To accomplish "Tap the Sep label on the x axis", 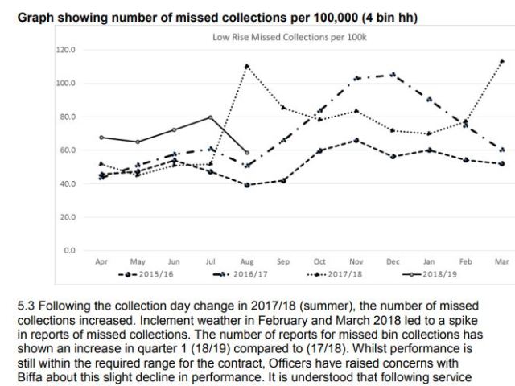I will point(283,261).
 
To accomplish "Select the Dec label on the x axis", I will point(393,261).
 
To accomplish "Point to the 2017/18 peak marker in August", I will point(247,66).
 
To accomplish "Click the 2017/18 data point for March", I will point(502,61).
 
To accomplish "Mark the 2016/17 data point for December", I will point(393,75).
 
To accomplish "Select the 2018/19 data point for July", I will point(211,117).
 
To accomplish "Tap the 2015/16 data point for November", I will point(356,140).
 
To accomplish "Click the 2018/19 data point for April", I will point(101,138).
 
